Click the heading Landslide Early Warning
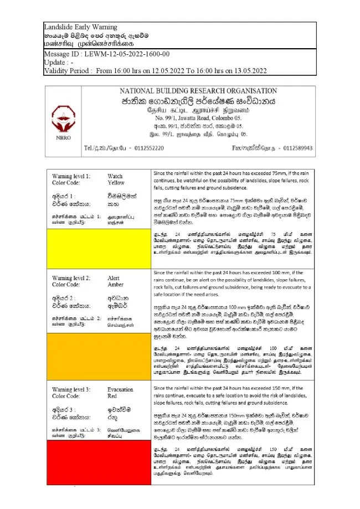coord(80,27)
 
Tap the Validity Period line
coord(156,70)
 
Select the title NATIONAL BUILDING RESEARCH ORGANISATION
coord(198,91)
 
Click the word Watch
coord(115,176)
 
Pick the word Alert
coord(114,278)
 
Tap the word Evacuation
coord(121,389)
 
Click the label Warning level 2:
coord(71,278)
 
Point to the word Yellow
coord(116,183)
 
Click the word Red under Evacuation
coord(112,396)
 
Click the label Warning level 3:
coord(71,389)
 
